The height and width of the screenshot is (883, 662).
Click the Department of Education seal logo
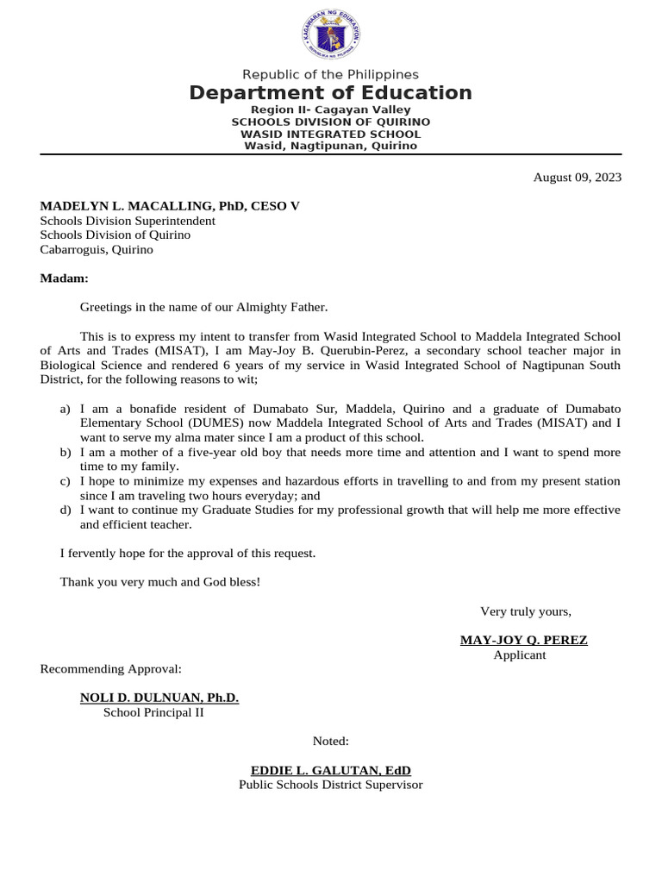[331, 35]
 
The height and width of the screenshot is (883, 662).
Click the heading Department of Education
[331, 93]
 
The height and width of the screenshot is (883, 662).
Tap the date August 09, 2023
[577, 178]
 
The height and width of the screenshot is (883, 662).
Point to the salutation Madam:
[65, 279]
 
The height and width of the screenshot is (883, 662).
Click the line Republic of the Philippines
[331, 75]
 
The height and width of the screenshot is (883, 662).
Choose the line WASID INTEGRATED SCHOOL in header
[331, 134]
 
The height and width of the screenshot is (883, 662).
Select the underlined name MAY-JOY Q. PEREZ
[524, 640]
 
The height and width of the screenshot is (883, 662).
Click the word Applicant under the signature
[520, 654]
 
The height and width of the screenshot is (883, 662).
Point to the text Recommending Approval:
[111, 668]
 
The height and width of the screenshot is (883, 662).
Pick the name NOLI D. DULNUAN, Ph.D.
[159, 698]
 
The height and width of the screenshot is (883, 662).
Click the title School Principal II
[153, 712]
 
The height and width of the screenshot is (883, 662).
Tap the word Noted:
[331, 741]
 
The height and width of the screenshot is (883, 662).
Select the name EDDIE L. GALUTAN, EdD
[331, 770]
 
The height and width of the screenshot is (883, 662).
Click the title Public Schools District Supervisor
[331, 785]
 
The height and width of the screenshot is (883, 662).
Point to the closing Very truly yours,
[526, 611]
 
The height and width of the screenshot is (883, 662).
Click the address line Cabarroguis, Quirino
[97, 249]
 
